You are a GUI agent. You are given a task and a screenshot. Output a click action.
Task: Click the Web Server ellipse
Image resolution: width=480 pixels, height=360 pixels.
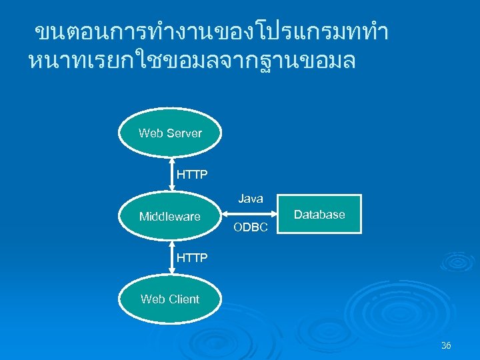click(170, 133)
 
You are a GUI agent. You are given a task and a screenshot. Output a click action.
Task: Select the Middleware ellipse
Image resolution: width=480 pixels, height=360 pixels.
click(170, 216)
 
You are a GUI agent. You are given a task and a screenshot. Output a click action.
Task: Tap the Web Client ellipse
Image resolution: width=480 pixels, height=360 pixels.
click(170, 299)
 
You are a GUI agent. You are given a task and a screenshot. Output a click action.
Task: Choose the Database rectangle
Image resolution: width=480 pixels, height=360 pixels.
click(319, 214)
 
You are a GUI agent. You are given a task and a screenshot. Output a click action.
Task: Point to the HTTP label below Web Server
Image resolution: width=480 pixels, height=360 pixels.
click(192, 175)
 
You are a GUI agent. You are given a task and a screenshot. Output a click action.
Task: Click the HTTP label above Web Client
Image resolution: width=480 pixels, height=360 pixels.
click(192, 257)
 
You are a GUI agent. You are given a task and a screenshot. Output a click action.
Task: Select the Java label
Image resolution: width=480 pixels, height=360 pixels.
click(251, 199)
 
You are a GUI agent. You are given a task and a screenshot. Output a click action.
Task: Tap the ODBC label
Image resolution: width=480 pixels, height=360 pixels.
click(251, 228)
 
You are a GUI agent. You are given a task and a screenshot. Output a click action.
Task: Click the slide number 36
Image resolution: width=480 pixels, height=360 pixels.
click(446, 345)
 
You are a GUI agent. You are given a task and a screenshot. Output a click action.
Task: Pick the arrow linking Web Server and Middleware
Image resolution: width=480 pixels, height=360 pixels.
click(171, 175)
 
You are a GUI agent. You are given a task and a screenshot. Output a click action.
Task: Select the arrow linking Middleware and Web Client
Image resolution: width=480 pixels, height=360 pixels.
click(171, 257)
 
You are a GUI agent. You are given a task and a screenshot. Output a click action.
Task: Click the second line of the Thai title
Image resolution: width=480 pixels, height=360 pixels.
click(193, 61)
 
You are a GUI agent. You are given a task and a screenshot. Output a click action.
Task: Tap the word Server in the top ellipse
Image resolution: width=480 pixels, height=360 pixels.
click(185, 133)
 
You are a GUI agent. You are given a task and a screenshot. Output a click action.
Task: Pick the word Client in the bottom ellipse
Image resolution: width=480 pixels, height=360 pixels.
click(183, 299)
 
